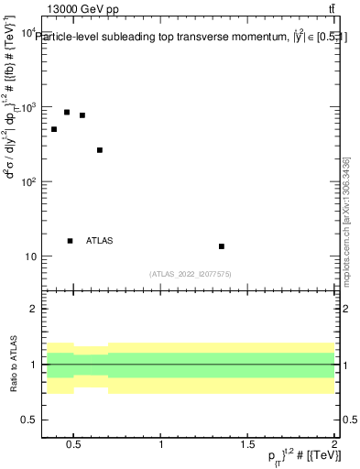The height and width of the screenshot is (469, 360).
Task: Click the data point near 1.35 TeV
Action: click(222, 246)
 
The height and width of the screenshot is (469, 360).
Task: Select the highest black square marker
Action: click(67, 113)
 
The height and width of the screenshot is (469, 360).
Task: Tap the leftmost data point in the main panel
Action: click(54, 129)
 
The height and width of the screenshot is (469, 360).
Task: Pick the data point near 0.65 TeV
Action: click(100, 150)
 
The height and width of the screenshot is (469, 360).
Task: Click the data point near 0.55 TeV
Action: click(82, 115)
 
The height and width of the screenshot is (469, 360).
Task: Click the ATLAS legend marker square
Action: click(70, 241)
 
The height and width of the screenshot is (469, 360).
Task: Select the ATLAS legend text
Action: click(100, 241)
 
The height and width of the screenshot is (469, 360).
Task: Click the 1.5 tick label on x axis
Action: click(248, 445)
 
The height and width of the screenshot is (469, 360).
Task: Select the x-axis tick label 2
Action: click(334, 445)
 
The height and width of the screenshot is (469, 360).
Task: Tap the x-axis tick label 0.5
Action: click(74, 445)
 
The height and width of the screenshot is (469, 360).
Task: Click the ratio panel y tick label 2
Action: click(34, 309)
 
